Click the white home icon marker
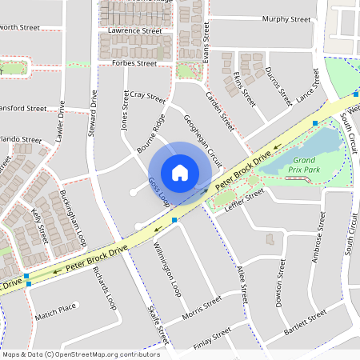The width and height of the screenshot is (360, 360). tap(179, 172)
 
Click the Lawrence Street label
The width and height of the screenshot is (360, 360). tap(135, 30)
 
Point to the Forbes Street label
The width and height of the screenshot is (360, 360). tap(134, 62)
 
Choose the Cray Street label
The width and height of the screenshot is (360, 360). tap(146, 97)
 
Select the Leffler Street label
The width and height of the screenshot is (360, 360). tap(244, 199)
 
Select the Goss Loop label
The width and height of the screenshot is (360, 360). tap(157, 193)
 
